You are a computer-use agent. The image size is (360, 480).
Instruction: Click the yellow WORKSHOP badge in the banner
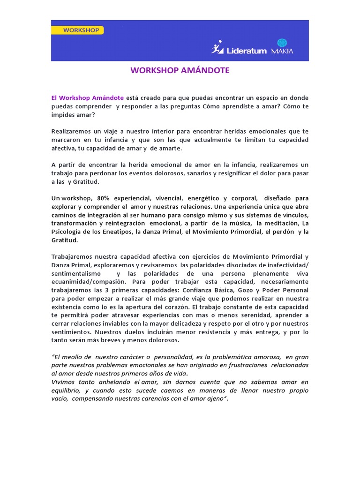(x=77, y=30)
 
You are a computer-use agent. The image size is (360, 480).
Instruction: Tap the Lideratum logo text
(x=246, y=49)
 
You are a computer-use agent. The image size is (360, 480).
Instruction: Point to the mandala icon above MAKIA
(x=282, y=43)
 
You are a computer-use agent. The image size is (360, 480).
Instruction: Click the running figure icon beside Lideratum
(x=217, y=47)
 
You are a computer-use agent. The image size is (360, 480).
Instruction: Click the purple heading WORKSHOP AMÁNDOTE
(x=180, y=71)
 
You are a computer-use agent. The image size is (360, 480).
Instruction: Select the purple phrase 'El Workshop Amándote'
(x=88, y=98)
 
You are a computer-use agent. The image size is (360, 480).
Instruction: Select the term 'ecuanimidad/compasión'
(x=89, y=282)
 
